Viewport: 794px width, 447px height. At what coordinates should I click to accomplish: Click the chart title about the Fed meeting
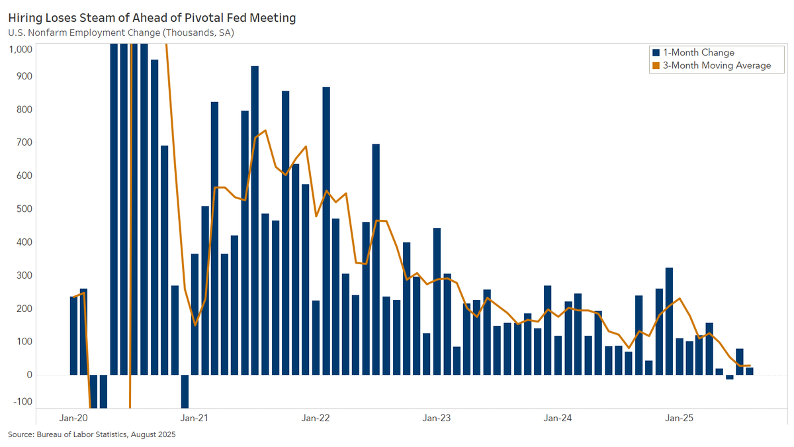click(x=152, y=18)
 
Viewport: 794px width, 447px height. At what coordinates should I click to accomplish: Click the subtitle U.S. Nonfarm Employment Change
click(x=121, y=32)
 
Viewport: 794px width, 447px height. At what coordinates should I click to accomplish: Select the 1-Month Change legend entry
click(x=693, y=52)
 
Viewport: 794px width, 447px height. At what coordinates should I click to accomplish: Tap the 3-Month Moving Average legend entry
click(x=711, y=66)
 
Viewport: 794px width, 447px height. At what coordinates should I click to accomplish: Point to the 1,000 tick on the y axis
click(x=21, y=49)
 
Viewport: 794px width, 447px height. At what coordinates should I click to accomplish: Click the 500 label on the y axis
click(x=24, y=209)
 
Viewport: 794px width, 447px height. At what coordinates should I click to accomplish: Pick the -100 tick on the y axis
click(x=22, y=401)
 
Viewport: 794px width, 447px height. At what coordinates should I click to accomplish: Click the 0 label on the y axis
click(x=29, y=375)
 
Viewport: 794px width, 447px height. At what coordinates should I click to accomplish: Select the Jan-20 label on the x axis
click(x=73, y=418)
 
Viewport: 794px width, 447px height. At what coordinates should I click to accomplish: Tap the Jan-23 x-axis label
click(x=436, y=418)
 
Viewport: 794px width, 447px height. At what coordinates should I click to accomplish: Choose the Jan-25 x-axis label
click(x=679, y=418)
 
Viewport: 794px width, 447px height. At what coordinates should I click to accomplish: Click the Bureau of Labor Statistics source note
click(x=91, y=434)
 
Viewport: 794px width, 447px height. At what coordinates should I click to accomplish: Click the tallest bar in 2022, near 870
click(x=326, y=231)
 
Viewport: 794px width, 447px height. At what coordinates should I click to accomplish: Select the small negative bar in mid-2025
click(x=729, y=377)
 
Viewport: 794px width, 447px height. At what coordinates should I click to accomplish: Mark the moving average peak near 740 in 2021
click(x=265, y=130)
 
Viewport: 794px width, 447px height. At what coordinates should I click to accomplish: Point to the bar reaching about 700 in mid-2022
click(x=376, y=260)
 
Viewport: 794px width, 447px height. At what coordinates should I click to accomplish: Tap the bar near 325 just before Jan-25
click(x=669, y=321)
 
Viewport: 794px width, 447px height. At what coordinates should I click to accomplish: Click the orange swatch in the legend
click(x=656, y=66)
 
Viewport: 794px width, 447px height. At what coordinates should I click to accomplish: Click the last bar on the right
click(x=750, y=371)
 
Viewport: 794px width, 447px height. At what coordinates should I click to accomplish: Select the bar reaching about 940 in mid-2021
click(x=255, y=221)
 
